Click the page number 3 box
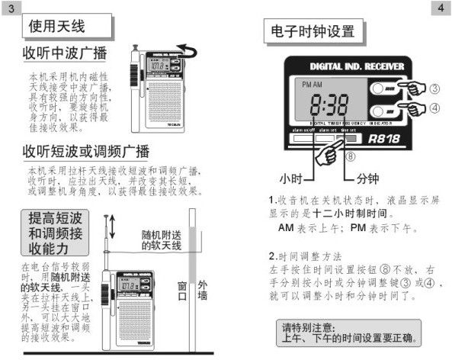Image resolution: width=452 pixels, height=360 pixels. (11, 8)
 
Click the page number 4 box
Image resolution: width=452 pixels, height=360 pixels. (441, 8)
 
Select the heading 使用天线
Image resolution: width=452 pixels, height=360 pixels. (57, 27)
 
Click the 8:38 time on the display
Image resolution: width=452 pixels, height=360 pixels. (329, 104)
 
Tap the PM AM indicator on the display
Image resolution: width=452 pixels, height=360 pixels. (313, 82)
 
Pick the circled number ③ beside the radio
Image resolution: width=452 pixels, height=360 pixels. (434, 88)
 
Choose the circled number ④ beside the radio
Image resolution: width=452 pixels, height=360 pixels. (434, 108)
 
